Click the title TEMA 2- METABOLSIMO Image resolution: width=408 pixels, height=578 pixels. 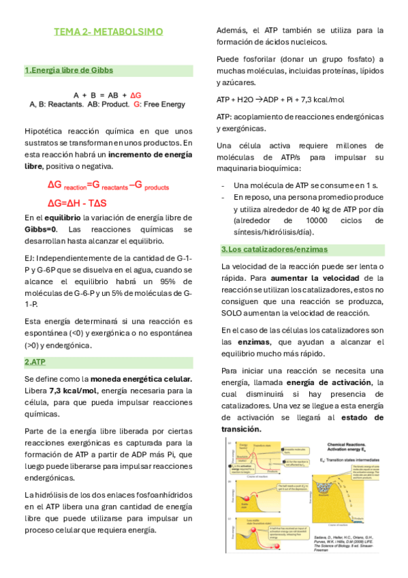(x=108, y=31)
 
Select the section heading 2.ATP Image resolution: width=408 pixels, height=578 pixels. (x=35, y=363)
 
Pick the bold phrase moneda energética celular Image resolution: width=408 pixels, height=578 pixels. (x=142, y=378)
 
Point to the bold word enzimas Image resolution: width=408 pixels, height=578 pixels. (x=253, y=341)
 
